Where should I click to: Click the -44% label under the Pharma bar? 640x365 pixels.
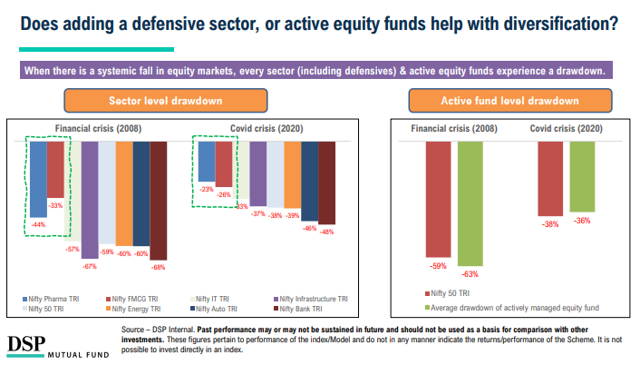point(38,224)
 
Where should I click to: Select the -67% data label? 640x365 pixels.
point(89,266)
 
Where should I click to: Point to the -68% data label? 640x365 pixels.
point(159,267)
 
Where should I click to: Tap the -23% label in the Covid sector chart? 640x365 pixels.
point(206,189)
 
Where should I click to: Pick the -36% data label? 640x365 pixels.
point(583,220)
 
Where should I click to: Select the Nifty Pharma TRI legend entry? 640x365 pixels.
point(54,298)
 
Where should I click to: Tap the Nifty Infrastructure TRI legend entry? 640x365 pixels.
point(313,298)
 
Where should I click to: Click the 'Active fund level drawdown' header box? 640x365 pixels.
point(509,100)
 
